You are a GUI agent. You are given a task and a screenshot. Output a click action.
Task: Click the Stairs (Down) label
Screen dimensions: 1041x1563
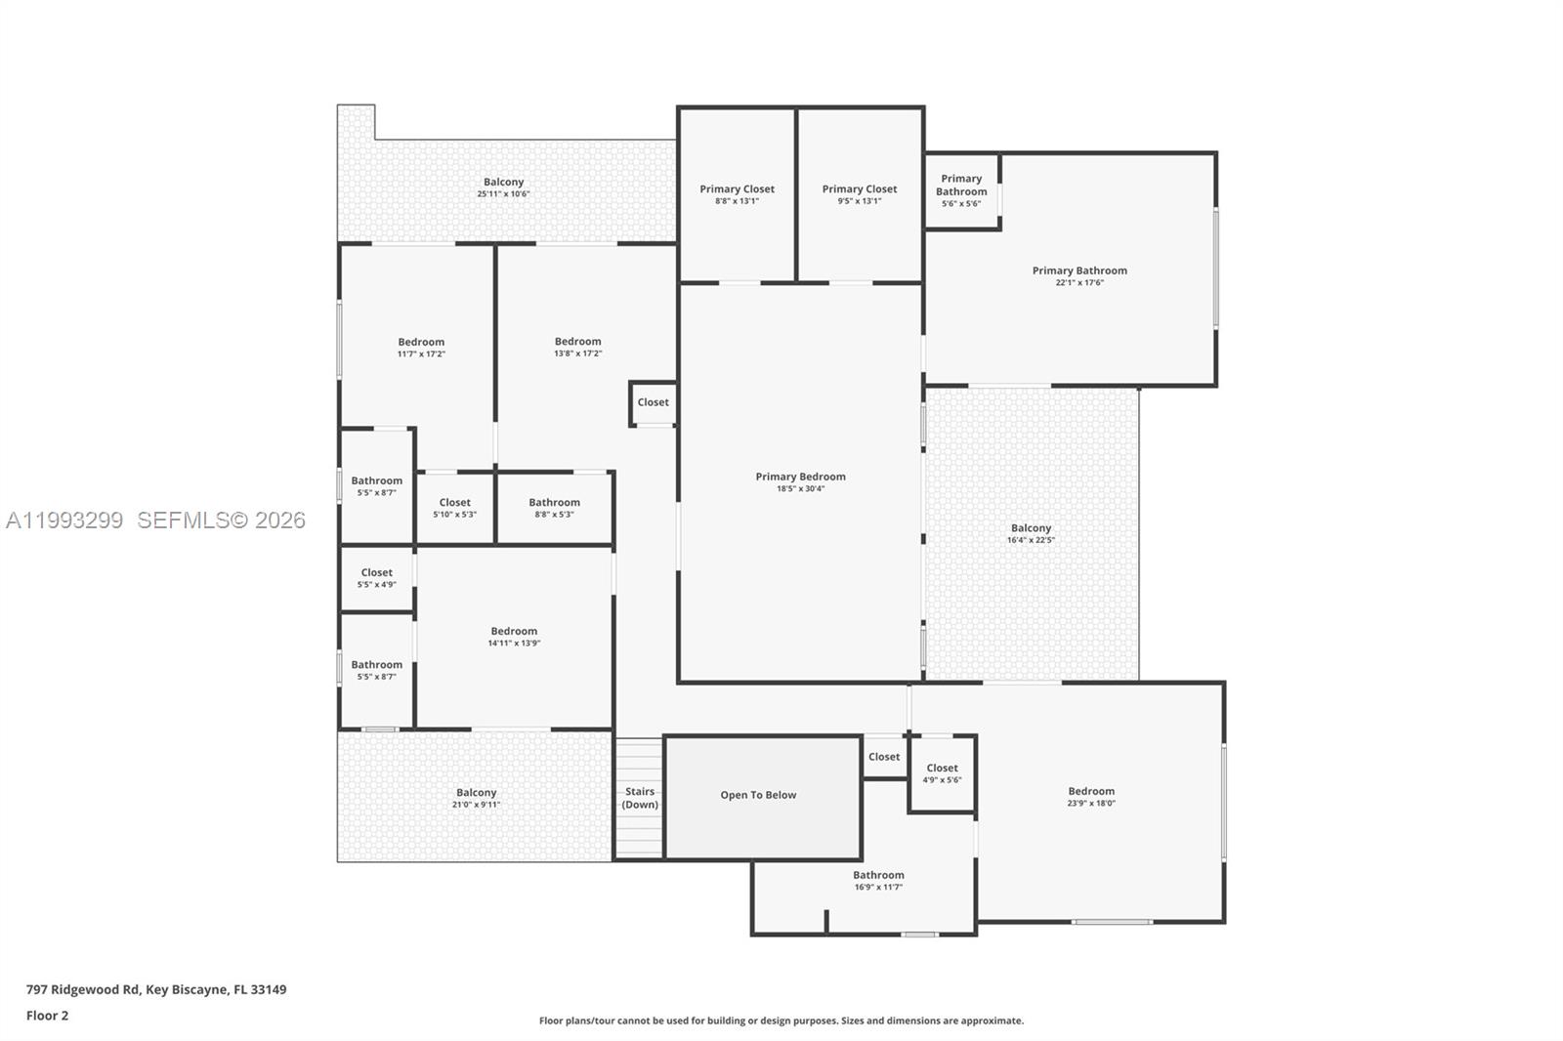pyautogui.click(x=640, y=798)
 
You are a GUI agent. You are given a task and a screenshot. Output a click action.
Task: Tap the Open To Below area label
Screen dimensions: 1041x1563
pyautogui.click(x=758, y=795)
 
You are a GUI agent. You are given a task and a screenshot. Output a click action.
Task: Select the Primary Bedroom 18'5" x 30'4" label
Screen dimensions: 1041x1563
pyautogui.click(x=800, y=482)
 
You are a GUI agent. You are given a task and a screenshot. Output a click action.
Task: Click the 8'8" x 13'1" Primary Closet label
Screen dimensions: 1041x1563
pyautogui.click(x=737, y=194)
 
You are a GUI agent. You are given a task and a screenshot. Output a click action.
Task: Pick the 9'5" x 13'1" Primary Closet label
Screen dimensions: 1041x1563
pyautogui.click(x=859, y=194)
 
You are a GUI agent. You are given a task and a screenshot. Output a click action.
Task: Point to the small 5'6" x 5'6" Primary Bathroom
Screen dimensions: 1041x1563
pyautogui.click(x=961, y=190)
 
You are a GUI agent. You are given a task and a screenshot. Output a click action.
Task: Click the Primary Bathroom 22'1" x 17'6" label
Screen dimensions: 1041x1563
pyautogui.click(x=1079, y=276)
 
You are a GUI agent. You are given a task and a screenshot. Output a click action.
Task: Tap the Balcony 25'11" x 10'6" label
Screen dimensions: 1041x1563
pyautogui.click(x=503, y=187)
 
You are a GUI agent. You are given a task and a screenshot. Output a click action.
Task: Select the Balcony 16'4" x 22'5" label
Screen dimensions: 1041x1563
pyautogui.click(x=1031, y=533)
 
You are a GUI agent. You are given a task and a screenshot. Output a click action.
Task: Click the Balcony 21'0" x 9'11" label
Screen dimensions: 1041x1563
pyautogui.click(x=476, y=798)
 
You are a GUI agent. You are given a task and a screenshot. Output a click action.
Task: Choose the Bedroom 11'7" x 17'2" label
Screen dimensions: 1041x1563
pyautogui.click(x=421, y=348)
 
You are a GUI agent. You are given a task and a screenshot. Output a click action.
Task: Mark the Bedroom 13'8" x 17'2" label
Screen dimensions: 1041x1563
pyautogui.click(x=577, y=347)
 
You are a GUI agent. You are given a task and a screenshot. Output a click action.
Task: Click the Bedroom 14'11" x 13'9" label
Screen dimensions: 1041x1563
pyautogui.click(x=514, y=637)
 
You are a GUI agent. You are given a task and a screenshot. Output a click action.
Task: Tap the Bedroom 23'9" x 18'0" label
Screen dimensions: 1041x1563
pyautogui.click(x=1091, y=797)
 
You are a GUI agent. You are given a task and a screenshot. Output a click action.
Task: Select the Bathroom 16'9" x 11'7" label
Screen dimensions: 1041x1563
pyautogui.click(x=878, y=881)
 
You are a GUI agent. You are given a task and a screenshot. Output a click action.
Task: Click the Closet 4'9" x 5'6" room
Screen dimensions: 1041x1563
pyautogui.click(x=942, y=773)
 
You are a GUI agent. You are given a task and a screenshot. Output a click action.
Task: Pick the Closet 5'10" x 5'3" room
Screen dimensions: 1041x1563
pyautogui.click(x=454, y=508)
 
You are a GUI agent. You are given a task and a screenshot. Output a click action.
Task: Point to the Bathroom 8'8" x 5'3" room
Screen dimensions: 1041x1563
pyautogui.click(x=554, y=508)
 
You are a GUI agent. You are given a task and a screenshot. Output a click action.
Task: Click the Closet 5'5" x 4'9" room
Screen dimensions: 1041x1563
pyautogui.click(x=376, y=578)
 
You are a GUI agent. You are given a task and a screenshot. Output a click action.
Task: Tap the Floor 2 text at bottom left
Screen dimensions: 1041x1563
pyautogui.click(x=47, y=1016)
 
